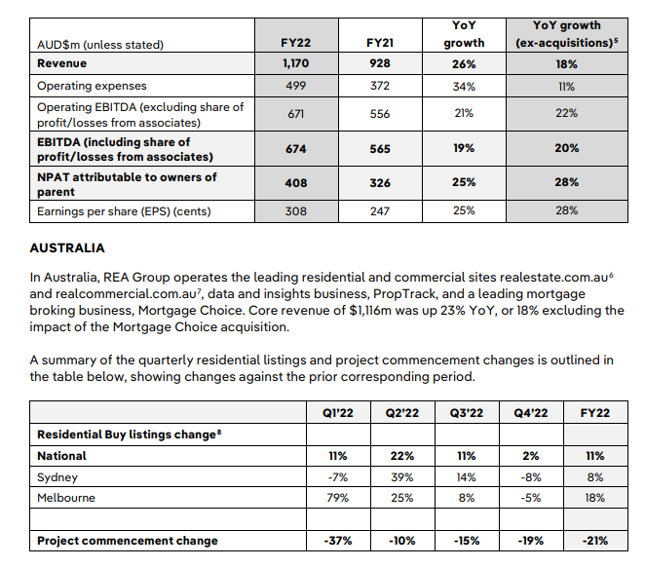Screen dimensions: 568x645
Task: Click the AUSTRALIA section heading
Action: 67,248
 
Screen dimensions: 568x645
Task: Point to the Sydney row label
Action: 57,478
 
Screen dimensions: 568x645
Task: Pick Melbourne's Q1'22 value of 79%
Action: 337,497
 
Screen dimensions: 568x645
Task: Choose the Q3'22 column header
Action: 467,413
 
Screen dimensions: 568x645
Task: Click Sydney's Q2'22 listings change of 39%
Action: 401,478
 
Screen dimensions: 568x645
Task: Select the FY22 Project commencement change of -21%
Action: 594,541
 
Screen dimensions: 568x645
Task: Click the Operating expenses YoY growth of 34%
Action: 464,86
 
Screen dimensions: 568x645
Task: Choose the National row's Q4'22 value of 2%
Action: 531,456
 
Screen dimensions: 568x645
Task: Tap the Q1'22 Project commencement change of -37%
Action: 337,541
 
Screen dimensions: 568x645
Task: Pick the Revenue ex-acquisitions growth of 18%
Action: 567,63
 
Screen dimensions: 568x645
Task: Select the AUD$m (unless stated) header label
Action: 100,44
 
